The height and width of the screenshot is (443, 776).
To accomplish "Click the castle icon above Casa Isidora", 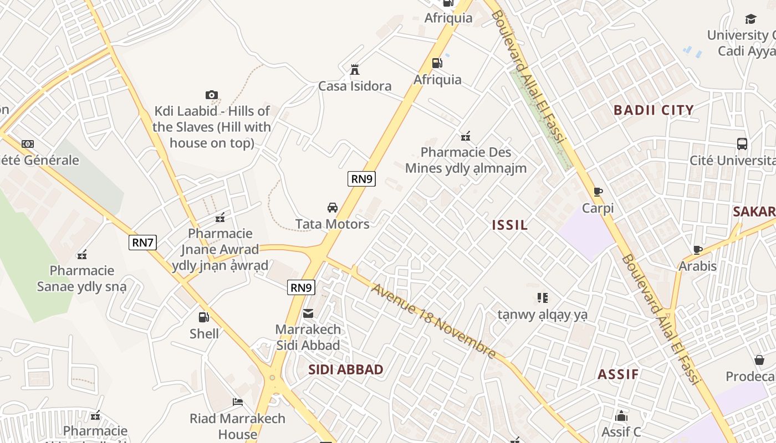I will coord(355,70).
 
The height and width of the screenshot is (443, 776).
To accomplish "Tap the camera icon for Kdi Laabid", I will coord(211,95).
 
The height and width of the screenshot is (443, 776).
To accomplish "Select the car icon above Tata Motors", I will coord(332,208).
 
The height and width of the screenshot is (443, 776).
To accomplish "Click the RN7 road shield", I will coord(142,242).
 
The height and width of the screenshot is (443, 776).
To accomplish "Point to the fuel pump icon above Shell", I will coord(204,317).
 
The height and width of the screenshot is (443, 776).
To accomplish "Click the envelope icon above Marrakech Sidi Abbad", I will coord(308,313).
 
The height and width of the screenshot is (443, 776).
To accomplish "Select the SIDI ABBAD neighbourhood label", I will coord(345,370).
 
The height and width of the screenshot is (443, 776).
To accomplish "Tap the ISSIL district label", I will coord(510,225).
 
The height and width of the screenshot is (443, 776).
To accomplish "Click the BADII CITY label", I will coord(654,110).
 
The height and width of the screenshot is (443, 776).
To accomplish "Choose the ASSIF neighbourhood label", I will coord(618,374).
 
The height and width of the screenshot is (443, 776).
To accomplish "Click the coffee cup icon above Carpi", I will coord(598,192).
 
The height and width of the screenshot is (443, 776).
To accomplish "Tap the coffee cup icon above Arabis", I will coord(697,250).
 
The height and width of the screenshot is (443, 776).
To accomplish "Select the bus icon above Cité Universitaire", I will coord(742,144).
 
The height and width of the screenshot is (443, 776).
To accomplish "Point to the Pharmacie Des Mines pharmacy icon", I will coord(466,136).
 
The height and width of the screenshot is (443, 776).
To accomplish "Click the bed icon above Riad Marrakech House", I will coord(238,401).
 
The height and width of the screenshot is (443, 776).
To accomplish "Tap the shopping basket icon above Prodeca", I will coord(759,360).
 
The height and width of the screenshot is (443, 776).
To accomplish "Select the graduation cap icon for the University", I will coord(751,19).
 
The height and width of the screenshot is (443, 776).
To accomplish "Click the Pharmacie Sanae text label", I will coord(82,279).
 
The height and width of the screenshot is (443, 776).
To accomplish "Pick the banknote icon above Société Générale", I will coord(28,144).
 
